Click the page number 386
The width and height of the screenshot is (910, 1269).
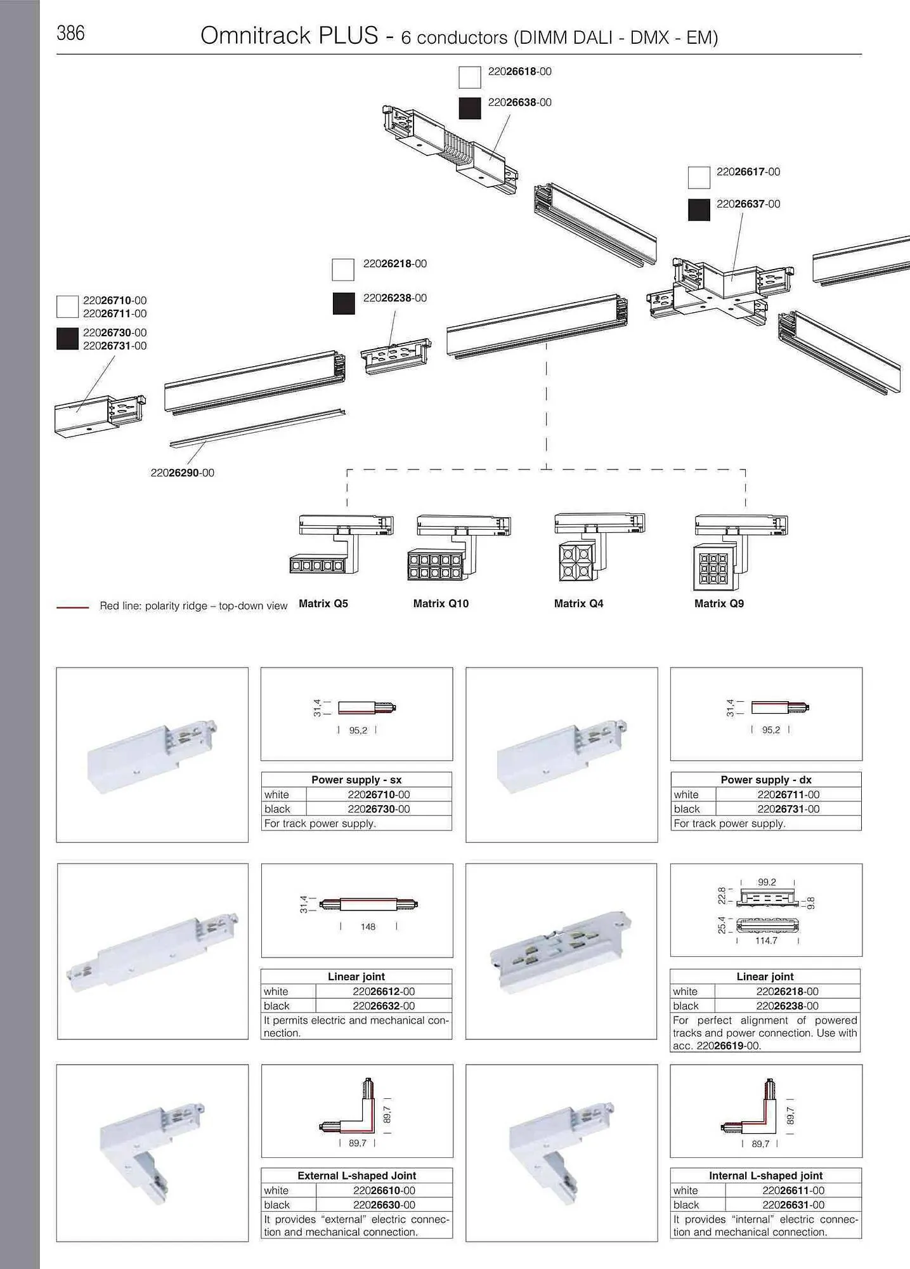click(x=70, y=33)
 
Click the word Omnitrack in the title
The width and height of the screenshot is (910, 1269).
click(x=256, y=36)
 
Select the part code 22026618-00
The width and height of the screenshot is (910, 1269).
click(x=519, y=71)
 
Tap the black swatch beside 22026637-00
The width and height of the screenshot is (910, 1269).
click(x=699, y=210)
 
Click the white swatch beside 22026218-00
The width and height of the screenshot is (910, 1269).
click(x=343, y=270)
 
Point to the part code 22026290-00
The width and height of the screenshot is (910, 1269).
click(x=183, y=473)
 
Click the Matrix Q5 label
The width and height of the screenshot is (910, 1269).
click(x=323, y=603)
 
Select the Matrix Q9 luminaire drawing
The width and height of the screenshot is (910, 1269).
click(x=740, y=552)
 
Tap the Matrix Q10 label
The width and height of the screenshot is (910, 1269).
click(x=441, y=603)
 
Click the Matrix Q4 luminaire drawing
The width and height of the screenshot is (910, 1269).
click(x=599, y=548)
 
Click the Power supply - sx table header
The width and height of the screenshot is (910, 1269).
click(x=356, y=779)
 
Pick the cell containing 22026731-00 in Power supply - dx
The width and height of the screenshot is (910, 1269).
click(x=788, y=809)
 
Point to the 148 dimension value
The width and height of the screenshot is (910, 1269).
click(x=368, y=926)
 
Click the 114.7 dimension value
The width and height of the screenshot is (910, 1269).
click(x=766, y=940)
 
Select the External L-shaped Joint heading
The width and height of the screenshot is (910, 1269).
click(x=357, y=1175)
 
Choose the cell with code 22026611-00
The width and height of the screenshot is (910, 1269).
click(x=793, y=1190)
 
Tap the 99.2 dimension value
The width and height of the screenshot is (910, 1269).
click(x=767, y=882)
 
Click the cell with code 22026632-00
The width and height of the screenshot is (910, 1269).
click(x=384, y=1006)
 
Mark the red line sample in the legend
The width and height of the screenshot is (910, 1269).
click(x=73, y=607)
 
